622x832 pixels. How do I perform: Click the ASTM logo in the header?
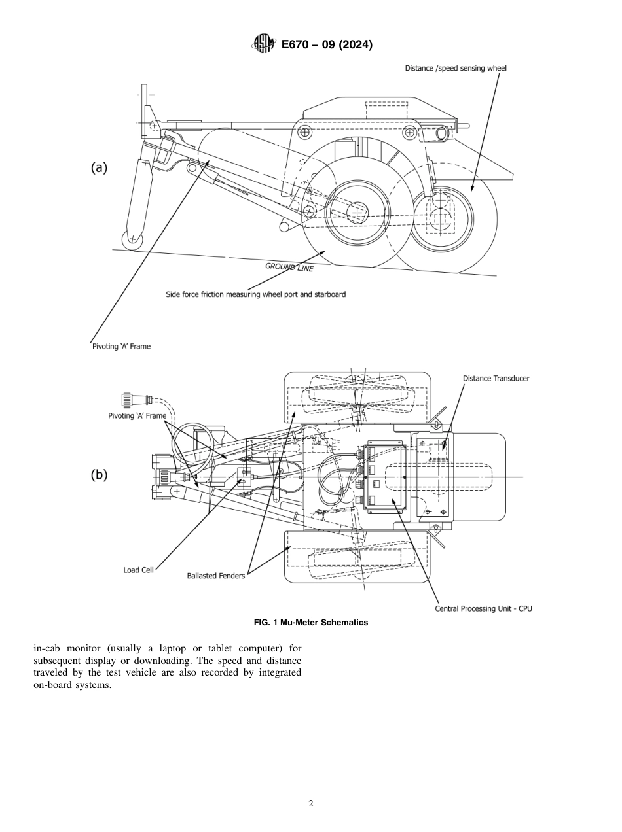pyautogui.click(x=263, y=44)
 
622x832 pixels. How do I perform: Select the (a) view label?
pyautogui.click(x=98, y=167)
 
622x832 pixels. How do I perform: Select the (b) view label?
pyautogui.click(x=98, y=476)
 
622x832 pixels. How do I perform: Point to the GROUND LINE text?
pyautogui.click(x=289, y=267)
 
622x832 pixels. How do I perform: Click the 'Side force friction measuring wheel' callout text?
pyautogui.click(x=255, y=294)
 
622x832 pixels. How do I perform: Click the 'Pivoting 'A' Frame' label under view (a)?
pyautogui.click(x=120, y=346)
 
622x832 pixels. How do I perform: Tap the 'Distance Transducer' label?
pyautogui.click(x=496, y=378)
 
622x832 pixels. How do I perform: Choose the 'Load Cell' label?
pyautogui.click(x=138, y=570)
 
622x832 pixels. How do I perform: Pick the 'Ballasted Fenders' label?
pyautogui.click(x=215, y=576)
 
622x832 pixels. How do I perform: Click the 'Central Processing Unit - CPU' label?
pyautogui.click(x=483, y=608)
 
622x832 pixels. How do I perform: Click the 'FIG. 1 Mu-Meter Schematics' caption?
pyautogui.click(x=310, y=622)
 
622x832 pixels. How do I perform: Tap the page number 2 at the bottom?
pyautogui.click(x=310, y=804)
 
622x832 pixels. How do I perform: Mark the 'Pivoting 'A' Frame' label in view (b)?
pyautogui.click(x=137, y=416)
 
